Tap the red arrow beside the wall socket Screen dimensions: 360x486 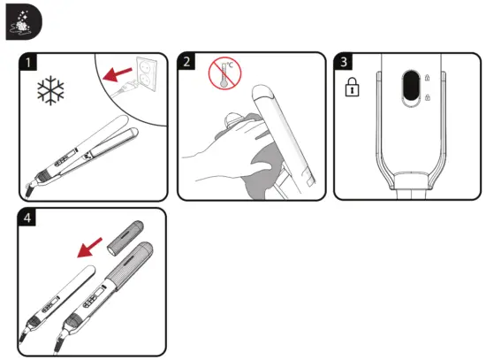pos(113,78)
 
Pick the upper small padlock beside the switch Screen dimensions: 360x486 pos(429,77)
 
